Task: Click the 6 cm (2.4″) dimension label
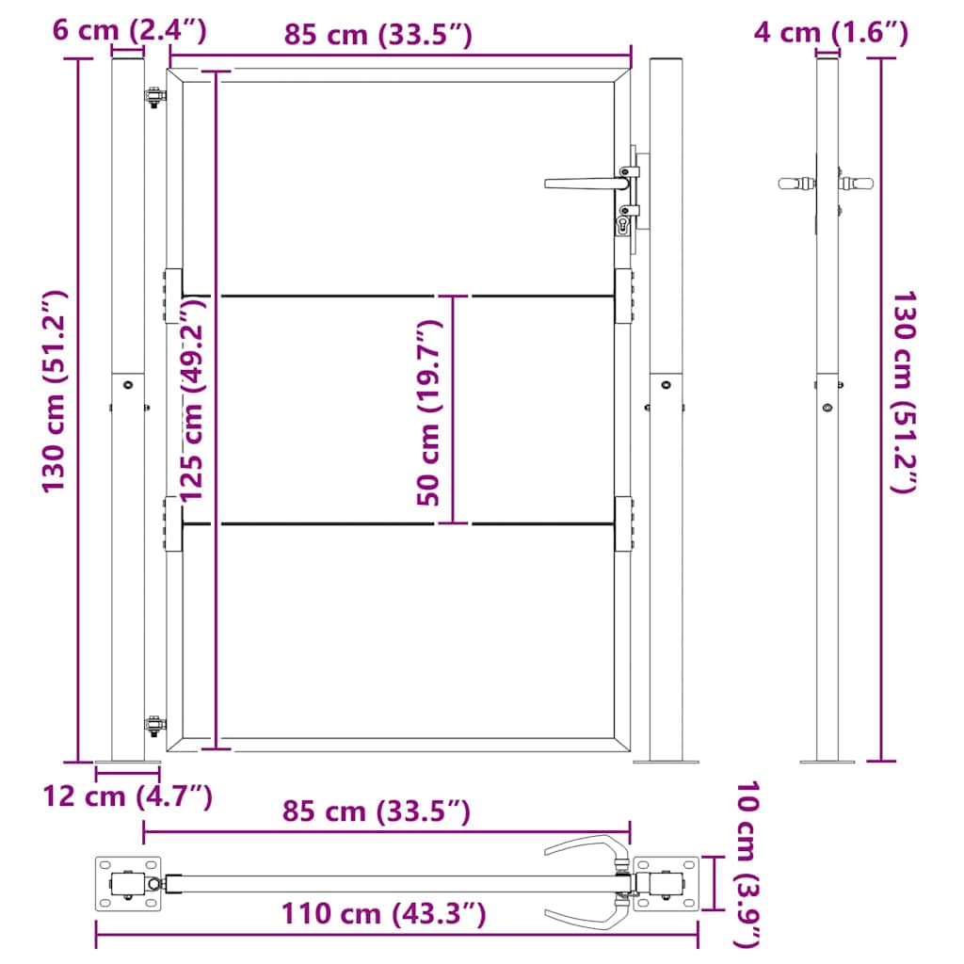[129, 29]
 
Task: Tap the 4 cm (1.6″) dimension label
[830, 32]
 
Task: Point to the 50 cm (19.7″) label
[428, 412]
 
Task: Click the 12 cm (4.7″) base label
[127, 796]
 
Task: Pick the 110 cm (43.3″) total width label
[384, 913]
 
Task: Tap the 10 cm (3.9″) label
[747, 864]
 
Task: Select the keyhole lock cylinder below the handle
[623, 225]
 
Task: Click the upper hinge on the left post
[155, 97]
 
